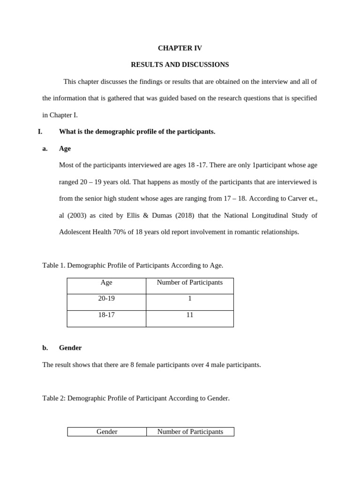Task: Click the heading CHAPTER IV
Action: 180,48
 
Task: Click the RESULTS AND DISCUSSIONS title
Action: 180,65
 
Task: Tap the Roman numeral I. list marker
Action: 40,132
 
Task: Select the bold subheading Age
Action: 65,149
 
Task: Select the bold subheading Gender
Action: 70,348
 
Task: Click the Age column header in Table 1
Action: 106,283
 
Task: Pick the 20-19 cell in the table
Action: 106,299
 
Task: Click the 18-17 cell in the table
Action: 106,315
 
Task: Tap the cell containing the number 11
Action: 190,315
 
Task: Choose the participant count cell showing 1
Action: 190,299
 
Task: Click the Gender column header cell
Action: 107,432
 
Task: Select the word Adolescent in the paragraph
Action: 76,232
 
